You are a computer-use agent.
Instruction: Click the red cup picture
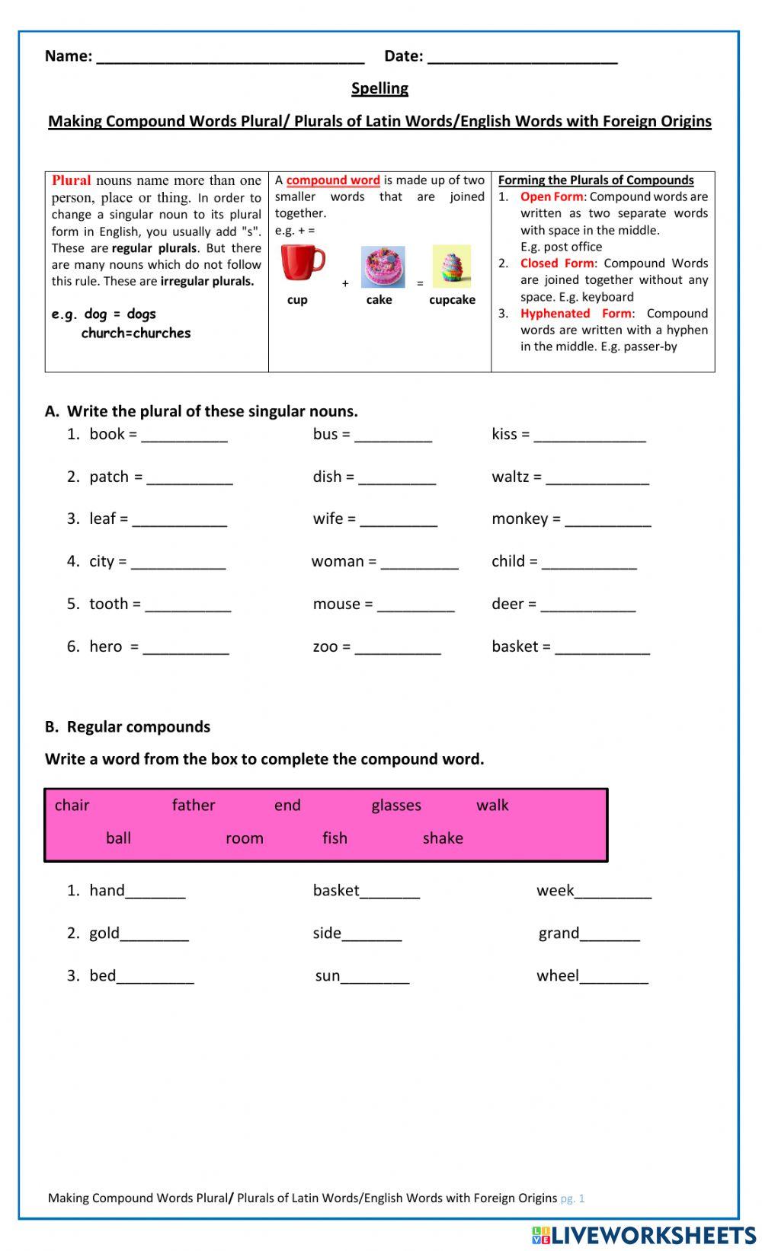tap(302, 263)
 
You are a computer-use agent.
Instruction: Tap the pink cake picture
tap(383, 266)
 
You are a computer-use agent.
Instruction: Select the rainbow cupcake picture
tap(451, 266)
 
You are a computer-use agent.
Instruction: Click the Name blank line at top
tap(230, 58)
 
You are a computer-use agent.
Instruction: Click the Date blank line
tap(522, 58)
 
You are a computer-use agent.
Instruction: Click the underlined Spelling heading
tap(379, 88)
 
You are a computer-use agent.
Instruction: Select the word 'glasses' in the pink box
tap(396, 806)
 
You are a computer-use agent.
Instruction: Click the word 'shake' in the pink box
tap(443, 838)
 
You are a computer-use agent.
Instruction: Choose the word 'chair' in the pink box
tap(72, 806)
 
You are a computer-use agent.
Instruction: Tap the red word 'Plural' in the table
tap(71, 180)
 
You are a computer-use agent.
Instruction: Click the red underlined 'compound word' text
tap(333, 180)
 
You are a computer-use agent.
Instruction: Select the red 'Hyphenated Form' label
tap(575, 314)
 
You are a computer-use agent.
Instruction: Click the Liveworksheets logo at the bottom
tap(644, 1234)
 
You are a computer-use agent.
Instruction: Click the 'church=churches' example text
tap(136, 333)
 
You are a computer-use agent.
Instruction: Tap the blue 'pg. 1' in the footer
tap(572, 1198)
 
